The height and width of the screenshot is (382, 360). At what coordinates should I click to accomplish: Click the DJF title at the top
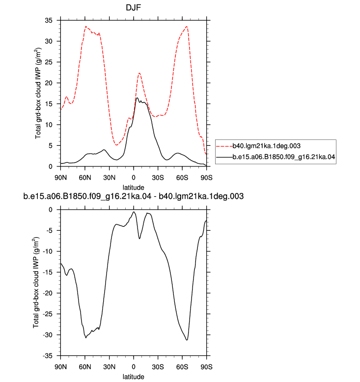coord(133,7)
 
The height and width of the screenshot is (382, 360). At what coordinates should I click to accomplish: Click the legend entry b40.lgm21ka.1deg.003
coord(266,146)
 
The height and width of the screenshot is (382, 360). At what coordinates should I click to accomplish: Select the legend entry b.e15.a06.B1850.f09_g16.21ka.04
coord(284,157)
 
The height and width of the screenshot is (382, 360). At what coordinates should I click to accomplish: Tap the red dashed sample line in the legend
coord(224,146)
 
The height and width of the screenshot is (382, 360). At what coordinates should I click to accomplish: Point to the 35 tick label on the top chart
coord(49,21)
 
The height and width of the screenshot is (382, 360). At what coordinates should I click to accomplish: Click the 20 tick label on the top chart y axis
coord(49,83)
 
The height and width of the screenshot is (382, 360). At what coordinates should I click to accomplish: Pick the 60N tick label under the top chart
coord(85,178)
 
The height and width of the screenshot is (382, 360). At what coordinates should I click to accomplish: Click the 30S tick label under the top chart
coord(158,178)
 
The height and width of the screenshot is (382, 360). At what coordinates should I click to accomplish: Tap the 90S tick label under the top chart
coord(206,178)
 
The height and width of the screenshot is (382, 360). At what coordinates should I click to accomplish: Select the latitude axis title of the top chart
coord(133,188)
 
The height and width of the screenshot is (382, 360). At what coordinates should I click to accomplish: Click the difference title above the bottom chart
coord(133,196)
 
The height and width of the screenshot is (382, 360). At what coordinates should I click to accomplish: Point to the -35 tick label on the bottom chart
coord(48,356)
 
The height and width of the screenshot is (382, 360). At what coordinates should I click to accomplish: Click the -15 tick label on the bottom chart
coord(48,273)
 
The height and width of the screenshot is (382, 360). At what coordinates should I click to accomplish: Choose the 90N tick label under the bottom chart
coord(60,367)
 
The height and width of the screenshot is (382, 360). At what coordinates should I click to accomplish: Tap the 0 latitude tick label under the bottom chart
coord(134,367)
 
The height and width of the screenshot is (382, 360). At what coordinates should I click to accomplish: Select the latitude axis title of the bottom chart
coord(133,377)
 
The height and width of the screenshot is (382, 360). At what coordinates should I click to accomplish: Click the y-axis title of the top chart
coord(38,93)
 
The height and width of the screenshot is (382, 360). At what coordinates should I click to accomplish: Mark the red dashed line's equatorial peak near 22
coord(139,73)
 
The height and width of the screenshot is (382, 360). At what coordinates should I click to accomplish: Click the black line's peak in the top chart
coord(137,98)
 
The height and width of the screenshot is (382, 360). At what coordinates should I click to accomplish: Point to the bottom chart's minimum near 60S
coord(187,340)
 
